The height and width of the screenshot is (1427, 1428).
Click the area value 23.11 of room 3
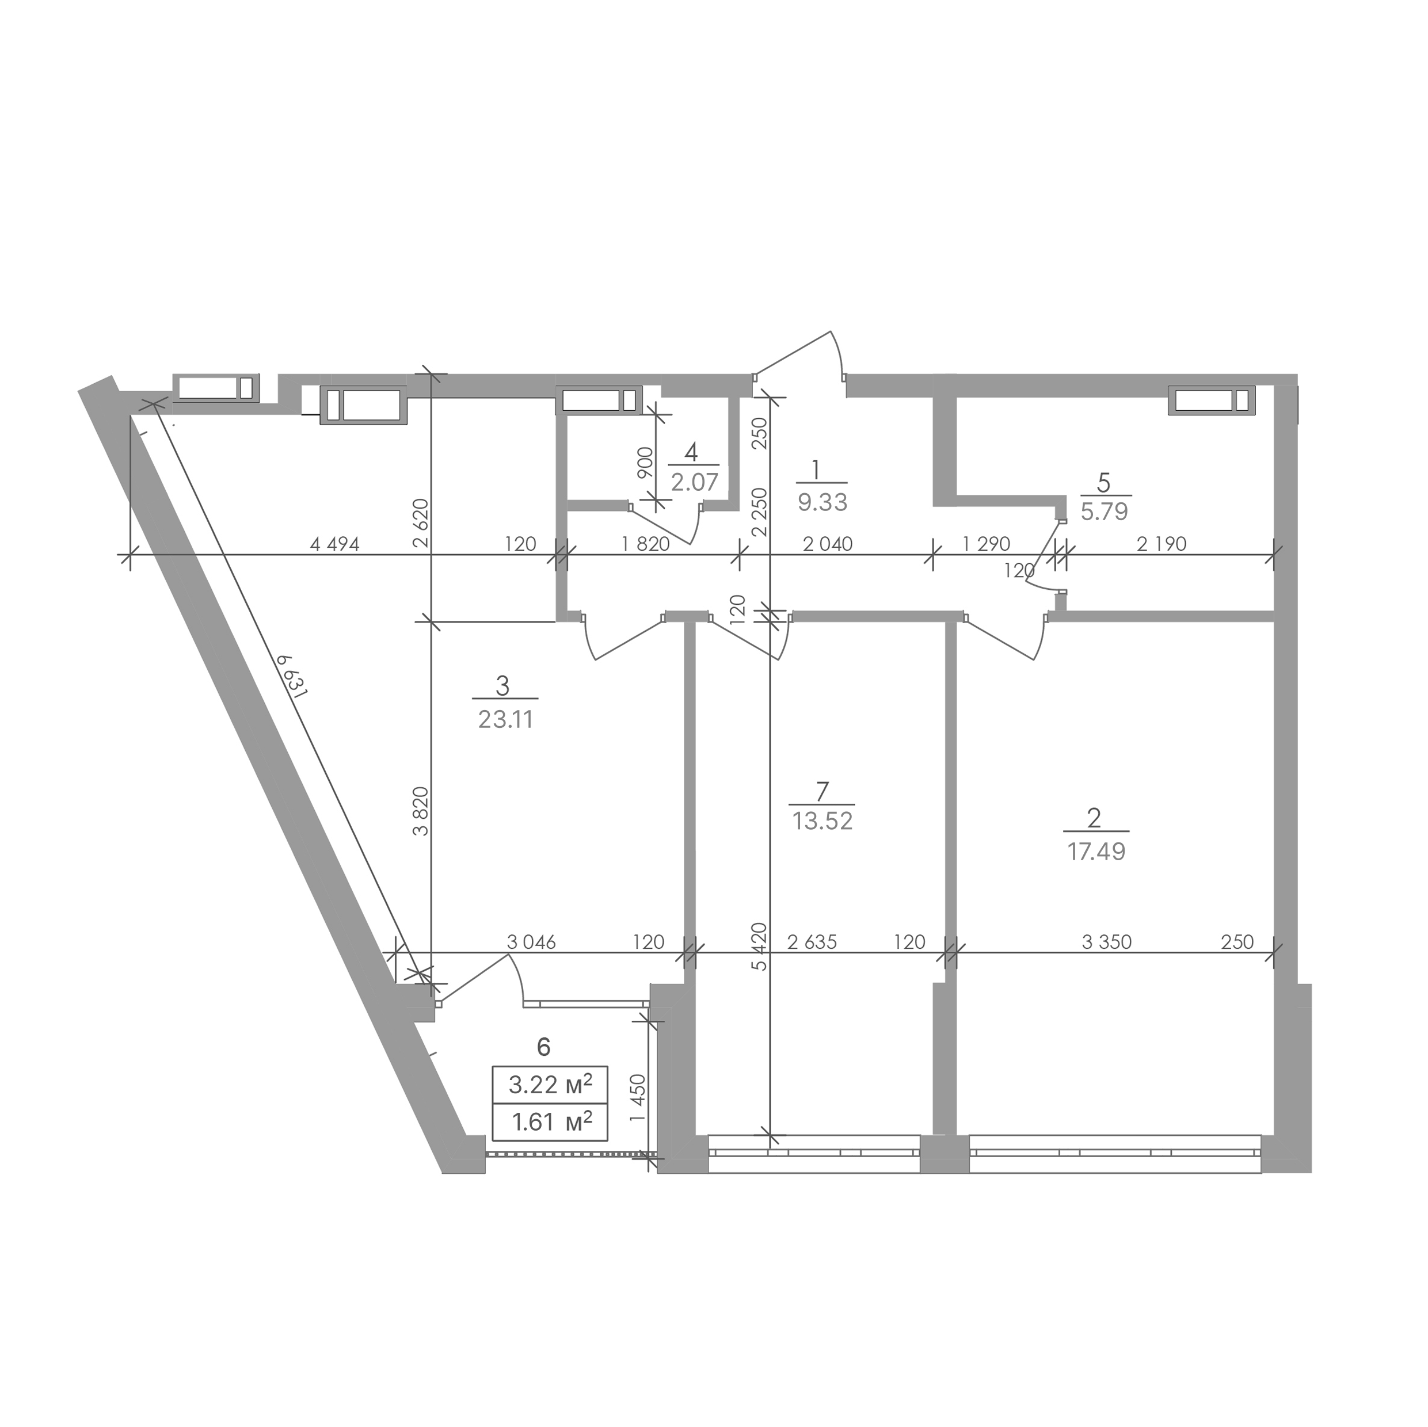tap(505, 719)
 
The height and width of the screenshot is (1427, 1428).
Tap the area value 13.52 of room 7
tap(822, 821)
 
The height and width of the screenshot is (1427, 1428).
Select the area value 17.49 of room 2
tap(1096, 852)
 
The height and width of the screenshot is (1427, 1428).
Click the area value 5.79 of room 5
tap(1105, 512)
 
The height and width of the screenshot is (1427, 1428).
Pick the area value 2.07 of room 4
tap(694, 483)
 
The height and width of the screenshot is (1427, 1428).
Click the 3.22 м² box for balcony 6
tap(550, 1084)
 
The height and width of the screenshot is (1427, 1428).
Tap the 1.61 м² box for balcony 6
tap(550, 1122)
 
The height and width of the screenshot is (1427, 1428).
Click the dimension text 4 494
tap(335, 545)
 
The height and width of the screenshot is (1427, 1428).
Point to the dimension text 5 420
tap(760, 946)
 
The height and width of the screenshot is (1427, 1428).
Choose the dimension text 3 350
tap(1106, 942)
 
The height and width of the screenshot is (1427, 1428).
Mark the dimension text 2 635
tap(812, 942)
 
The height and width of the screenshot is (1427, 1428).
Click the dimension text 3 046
tap(531, 942)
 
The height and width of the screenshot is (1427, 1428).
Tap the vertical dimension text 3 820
tap(421, 811)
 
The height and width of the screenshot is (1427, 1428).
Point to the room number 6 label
tap(543, 1047)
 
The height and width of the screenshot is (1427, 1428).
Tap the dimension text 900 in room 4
tap(645, 463)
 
